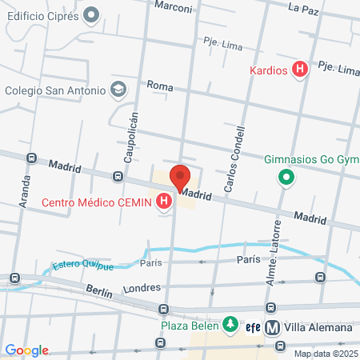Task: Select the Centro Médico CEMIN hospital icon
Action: pos(165,202)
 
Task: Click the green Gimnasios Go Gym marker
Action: pos(284,178)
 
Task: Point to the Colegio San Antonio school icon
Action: pos(118,90)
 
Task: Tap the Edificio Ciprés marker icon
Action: pos(90,14)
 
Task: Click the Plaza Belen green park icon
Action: pos(230,324)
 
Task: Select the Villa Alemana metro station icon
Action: pos(272,327)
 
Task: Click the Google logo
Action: pos(26,350)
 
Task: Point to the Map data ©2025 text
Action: pos(326,353)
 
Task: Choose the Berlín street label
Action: pos(98,294)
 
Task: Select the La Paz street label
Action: pos(303,9)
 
